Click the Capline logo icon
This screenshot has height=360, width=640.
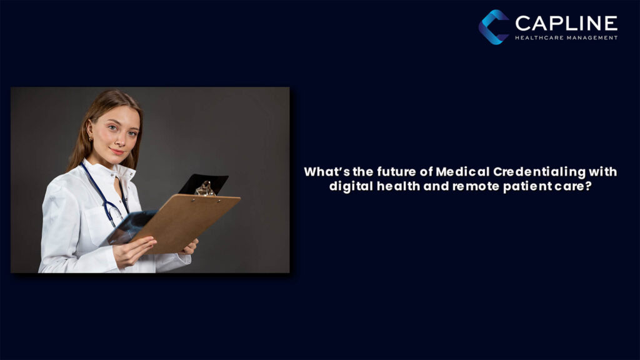coord(494,27)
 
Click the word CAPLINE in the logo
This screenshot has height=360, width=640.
coord(566,23)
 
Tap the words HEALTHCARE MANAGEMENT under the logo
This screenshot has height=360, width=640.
coord(566,37)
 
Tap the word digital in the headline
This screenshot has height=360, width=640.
coord(349,186)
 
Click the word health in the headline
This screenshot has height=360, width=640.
coord(391,186)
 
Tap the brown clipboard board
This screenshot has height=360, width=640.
coord(187,219)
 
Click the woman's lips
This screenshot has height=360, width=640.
coord(117,151)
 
